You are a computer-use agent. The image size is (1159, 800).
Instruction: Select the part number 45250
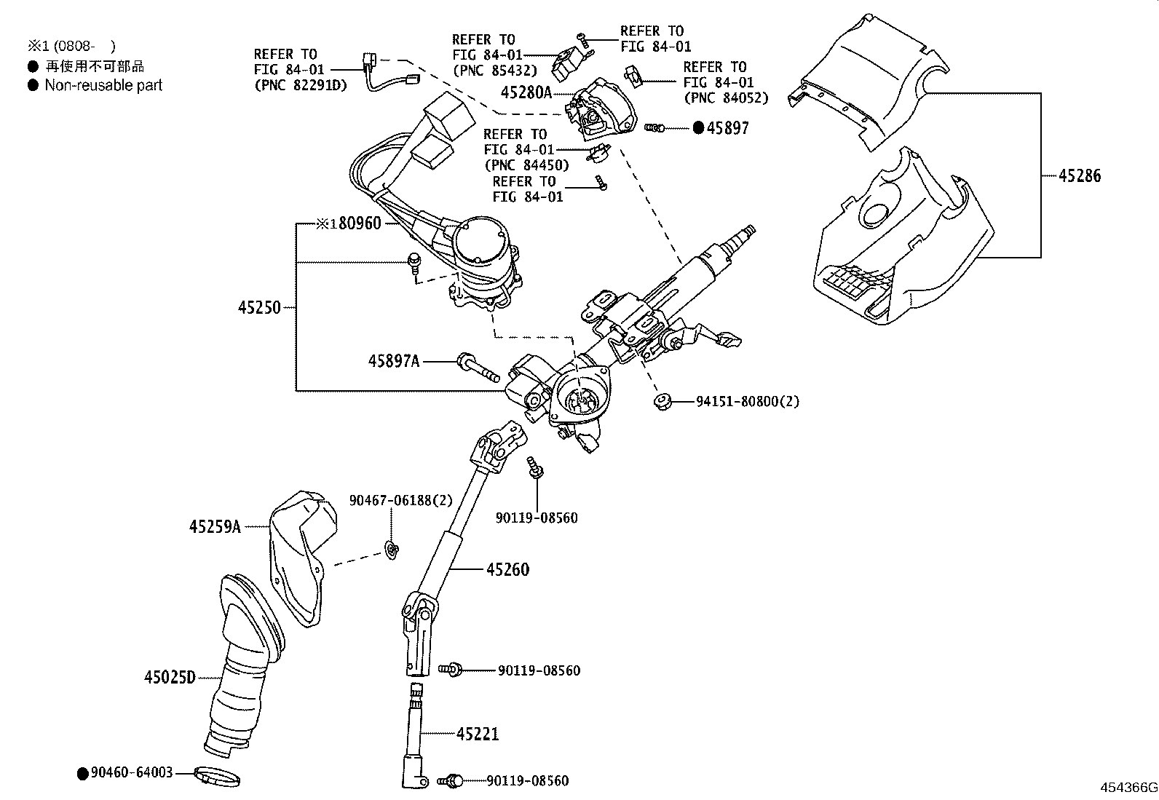pos(258,308)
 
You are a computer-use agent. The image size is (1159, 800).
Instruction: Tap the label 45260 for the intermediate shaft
pos(507,569)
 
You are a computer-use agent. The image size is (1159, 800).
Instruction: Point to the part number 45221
pos(478,734)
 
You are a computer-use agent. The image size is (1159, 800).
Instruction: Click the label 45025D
pos(170,678)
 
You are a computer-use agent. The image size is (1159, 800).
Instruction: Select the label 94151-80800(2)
pos(747,401)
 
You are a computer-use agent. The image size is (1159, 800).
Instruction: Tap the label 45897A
pos(394,360)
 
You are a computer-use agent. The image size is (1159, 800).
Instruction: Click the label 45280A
pos(527,92)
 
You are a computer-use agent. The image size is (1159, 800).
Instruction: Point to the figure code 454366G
pos(1128,788)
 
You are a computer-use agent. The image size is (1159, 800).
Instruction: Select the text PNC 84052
pos(726,98)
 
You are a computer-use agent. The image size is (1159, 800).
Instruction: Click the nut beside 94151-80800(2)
pos(662,401)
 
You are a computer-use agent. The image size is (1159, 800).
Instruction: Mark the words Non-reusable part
pos(103,85)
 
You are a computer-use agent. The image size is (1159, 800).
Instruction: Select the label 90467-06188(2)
pos(400,500)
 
